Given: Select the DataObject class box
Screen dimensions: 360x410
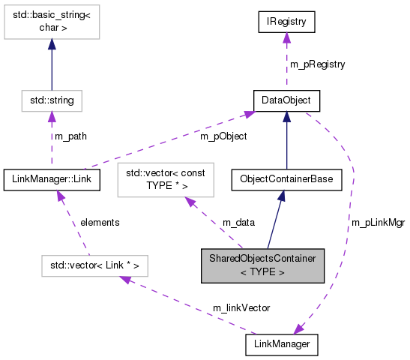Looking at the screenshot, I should coord(286,100).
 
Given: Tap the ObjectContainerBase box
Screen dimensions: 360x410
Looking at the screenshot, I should coord(286,179).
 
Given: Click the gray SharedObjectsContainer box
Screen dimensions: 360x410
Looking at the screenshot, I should coord(262,265).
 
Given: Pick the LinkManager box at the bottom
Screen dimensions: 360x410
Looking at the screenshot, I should coord(282,344).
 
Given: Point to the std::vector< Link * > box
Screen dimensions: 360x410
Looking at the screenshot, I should coord(94,265).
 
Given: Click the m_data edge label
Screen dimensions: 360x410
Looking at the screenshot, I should coord(238,223).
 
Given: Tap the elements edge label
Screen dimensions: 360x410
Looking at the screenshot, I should coord(101,223).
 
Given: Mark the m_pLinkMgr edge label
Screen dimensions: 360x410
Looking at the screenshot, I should coord(377,223).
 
